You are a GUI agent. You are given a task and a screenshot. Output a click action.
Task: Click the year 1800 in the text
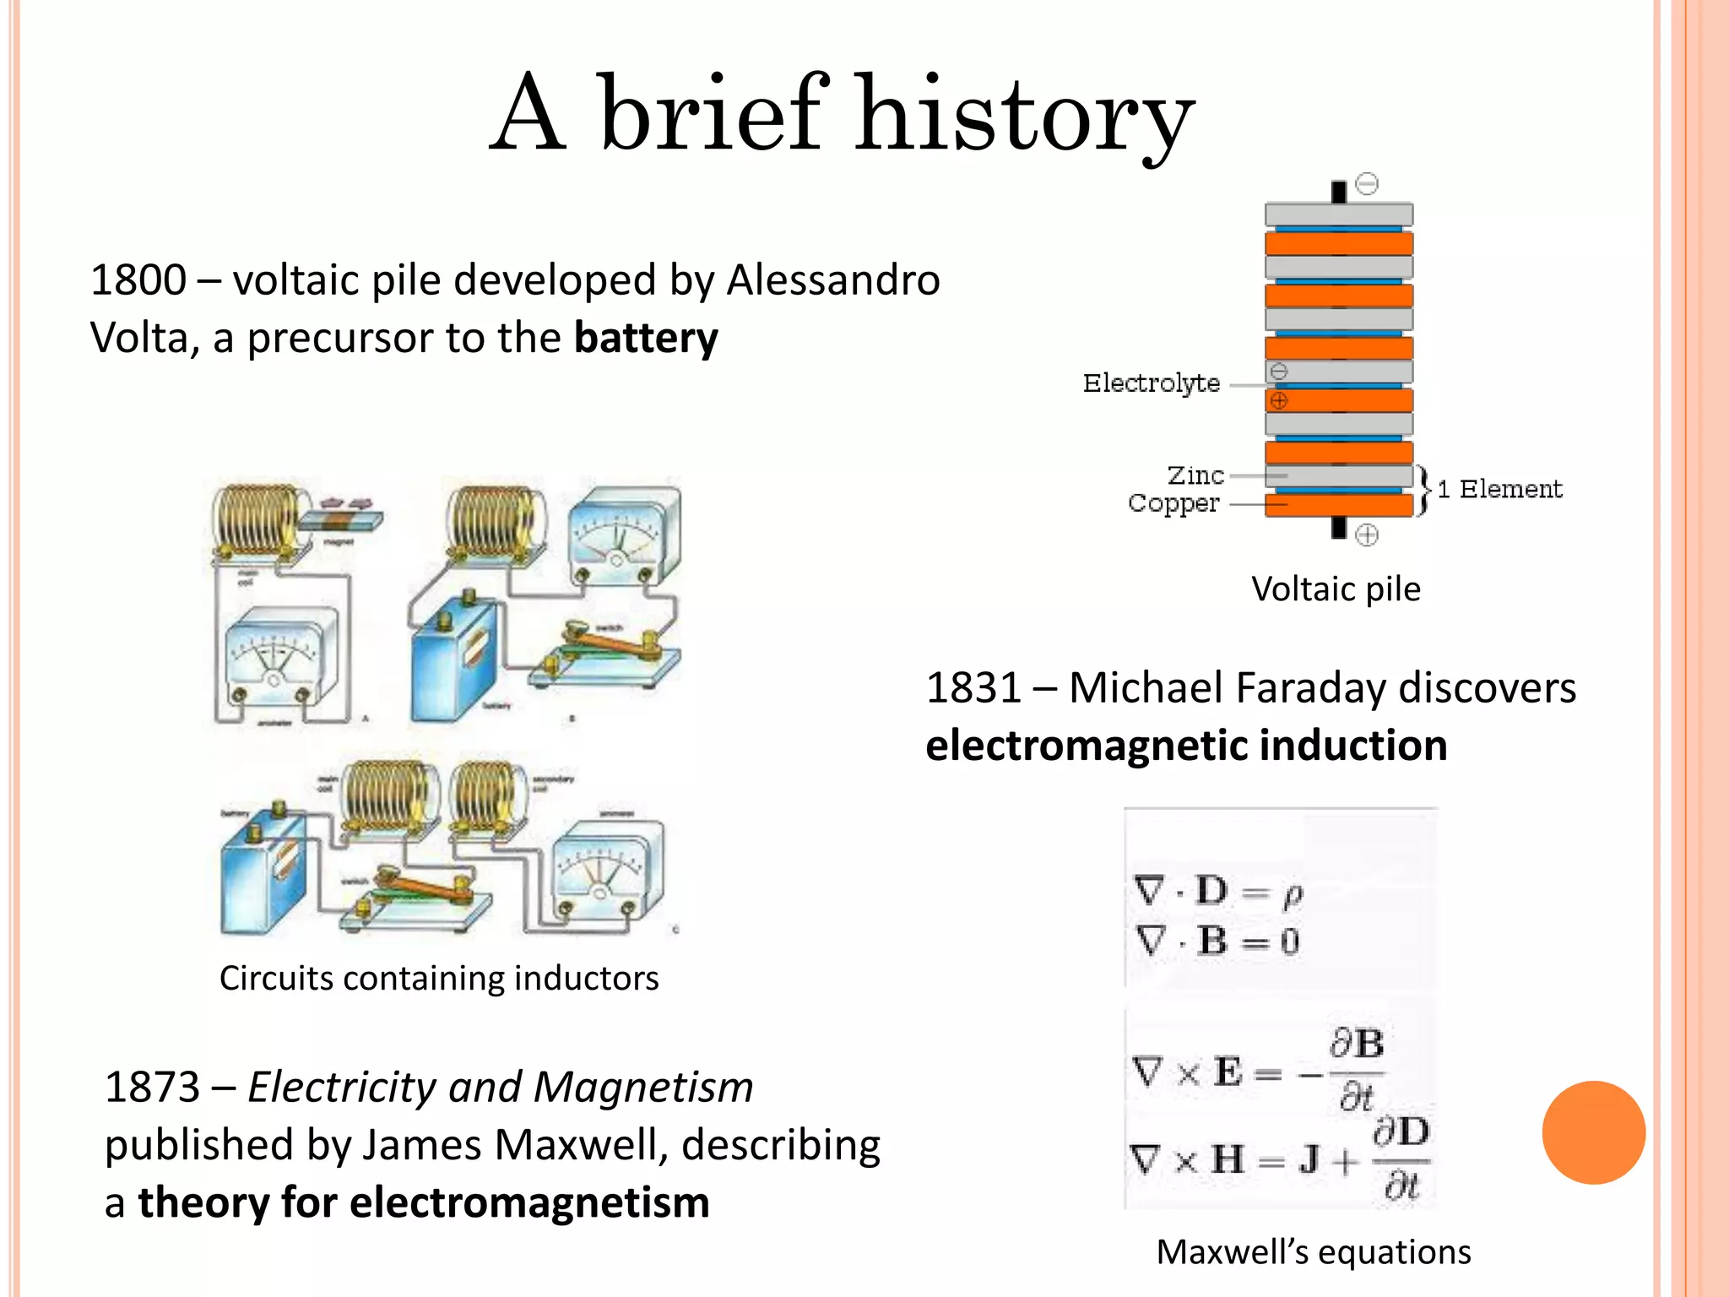(138, 280)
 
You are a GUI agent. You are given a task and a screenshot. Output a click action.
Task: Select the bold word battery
(646, 338)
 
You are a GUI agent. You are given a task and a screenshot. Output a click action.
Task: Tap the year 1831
(973, 687)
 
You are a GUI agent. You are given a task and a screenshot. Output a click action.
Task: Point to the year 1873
(152, 1088)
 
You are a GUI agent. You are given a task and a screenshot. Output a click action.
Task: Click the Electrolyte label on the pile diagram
(1152, 383)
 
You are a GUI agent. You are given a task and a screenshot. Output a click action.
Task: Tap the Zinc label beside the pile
(1195, 475)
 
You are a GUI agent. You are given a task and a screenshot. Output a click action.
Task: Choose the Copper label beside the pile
(1173, 503)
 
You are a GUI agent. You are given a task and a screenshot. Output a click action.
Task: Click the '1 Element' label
(1500, 489)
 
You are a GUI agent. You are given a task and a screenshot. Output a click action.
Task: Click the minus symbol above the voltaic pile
(1367, 183)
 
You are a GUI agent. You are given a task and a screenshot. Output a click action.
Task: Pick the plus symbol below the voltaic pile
(1367, 535)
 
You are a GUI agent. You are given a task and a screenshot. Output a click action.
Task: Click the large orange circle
(1593, 1132)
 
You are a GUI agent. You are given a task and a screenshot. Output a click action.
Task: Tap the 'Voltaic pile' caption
(1336, 589)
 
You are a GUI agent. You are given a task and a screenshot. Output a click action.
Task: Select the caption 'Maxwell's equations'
(1313, 1252)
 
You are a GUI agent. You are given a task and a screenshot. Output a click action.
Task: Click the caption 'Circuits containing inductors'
(439, 979)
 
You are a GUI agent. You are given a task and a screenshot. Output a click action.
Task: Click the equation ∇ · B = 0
(1217, 942)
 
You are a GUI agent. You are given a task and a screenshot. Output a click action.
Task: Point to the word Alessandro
(832, 280)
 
